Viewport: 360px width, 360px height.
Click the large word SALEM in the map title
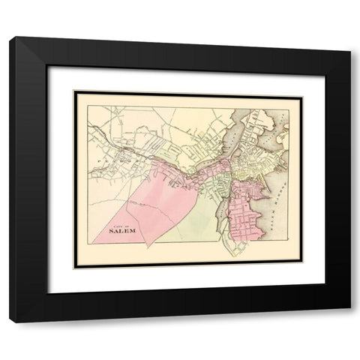click(125, 230)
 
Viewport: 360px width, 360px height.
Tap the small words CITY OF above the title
click(122, 223)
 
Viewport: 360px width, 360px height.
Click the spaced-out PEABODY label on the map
click(112, 160)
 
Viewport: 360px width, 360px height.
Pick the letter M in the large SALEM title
click(136, 230)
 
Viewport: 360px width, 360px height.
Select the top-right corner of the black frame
click(349, 38)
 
